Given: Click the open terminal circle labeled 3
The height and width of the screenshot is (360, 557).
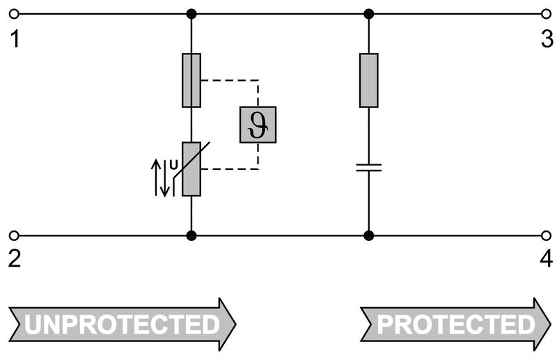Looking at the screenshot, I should (x=546, y=14).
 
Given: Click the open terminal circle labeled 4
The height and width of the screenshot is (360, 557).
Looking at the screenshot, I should (x=546, y=235).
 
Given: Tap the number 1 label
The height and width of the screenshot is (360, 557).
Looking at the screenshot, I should (x=15, y=40).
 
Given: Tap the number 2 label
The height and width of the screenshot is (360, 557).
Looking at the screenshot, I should (x=15, y=259).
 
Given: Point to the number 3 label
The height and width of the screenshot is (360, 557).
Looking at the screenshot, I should (x=547, y=40).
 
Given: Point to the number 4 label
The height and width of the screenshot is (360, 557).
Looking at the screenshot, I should (x=547, y=259).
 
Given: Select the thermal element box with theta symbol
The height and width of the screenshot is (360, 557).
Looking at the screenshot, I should (x=258, y=125).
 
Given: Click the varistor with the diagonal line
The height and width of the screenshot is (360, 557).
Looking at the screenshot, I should (x=191, y=168).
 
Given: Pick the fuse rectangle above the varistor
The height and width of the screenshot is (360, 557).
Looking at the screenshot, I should (x=191, y=80).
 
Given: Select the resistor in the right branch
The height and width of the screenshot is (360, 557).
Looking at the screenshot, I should (x=369, y=80).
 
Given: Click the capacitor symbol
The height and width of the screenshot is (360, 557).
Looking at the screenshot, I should (x=369, y=167).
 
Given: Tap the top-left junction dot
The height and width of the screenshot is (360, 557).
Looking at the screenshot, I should (x=191, y=14).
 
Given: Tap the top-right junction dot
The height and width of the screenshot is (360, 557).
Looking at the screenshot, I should (x=369, y=14).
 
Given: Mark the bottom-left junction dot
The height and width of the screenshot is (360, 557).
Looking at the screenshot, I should (x=191, y=235).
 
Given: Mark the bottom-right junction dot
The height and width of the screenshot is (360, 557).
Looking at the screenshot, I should (x=369, y=235).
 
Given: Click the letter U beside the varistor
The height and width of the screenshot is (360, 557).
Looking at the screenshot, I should (x=173, y=164).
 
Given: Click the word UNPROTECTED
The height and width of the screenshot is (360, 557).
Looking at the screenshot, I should (x=123, y=324).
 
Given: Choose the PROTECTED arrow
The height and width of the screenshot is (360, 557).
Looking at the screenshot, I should (x=455, y=324).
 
